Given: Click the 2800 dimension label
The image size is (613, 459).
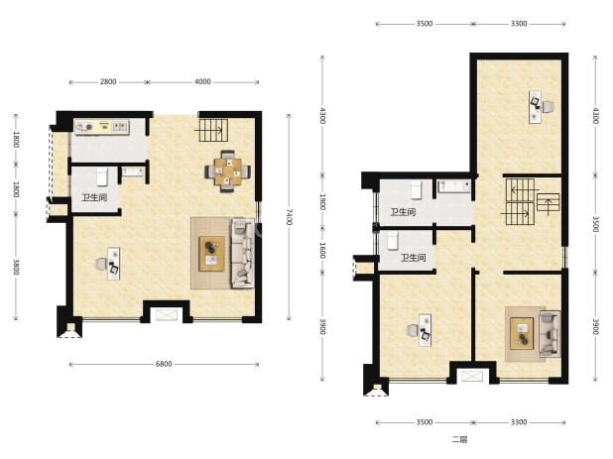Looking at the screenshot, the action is (108, 81).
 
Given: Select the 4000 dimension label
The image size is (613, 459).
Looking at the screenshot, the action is (202, 81).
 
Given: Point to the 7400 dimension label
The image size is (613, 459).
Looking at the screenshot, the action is (289, 217).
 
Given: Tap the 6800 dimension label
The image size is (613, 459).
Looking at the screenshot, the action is (164, 364).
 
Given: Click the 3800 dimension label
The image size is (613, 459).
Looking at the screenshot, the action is (16, 267).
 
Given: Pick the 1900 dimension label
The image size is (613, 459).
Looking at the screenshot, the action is (322, 202).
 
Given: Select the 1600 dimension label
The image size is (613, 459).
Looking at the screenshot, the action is (322, 251).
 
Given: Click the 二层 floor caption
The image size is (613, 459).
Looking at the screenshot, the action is (460, 439).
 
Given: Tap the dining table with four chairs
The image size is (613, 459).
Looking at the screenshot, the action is (227, 172).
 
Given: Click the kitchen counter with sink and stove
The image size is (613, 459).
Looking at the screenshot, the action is (102, 127).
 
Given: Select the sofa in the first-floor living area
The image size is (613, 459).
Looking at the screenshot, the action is (243, 253).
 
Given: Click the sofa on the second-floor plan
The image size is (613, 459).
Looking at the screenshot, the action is (550, 334).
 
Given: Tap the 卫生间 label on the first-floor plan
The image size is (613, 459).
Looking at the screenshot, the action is (94, 197).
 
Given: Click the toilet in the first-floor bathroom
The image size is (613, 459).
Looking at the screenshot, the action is (102, 176).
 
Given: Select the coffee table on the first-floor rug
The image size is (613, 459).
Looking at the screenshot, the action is (211, 254).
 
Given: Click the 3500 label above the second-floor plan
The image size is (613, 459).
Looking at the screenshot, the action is (425, 24).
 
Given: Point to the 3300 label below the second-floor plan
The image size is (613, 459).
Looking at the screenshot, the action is (519, 422).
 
